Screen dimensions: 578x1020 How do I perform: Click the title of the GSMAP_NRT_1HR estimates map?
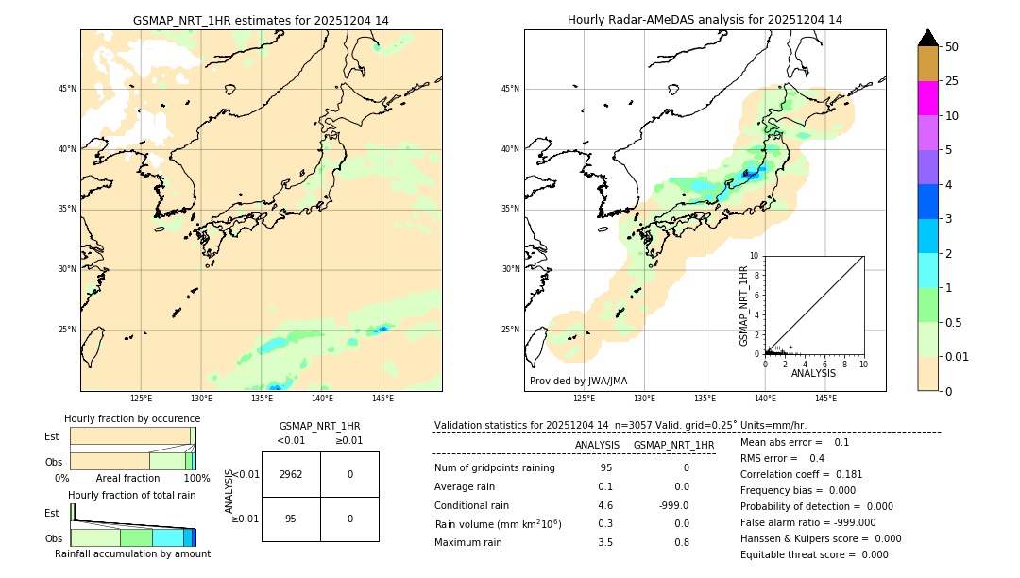pos(261,20)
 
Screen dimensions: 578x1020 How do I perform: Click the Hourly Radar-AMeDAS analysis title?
pos(705,20)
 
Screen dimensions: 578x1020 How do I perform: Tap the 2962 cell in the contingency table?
pos(291,474)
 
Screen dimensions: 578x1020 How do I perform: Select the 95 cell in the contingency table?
pos(291,518)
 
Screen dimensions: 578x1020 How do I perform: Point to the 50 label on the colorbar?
pos(952,47)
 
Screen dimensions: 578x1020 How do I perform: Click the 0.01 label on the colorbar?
pos(956,357)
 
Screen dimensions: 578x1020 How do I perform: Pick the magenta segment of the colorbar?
pos(927,98)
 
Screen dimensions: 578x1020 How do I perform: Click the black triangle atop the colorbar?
pos(927,38)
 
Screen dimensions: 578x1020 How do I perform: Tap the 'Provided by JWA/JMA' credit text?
pos(578,382)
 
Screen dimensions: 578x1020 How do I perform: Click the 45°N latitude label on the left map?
pos(67,89)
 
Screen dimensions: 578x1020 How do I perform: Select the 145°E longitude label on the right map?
pos(825,399)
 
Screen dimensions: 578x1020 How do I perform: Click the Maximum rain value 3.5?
pos(605,542)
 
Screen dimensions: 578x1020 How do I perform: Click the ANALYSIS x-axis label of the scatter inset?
pos(813,374)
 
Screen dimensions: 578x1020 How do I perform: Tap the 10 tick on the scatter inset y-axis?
pos(755,256)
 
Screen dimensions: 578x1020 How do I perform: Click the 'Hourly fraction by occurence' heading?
pos(132,418)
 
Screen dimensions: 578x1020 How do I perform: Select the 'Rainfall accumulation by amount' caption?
pos(131,553)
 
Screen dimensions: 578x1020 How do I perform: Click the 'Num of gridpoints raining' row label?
pos(495,467)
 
